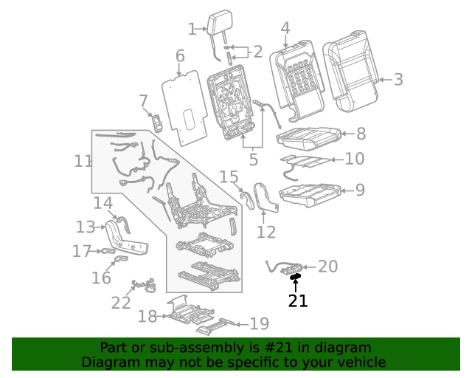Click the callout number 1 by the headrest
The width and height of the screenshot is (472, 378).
tap(192, 30)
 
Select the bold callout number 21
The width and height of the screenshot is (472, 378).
tap(298, 300)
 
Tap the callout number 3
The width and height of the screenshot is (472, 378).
tap(398, 80)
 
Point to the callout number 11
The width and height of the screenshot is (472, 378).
tap(83, 161)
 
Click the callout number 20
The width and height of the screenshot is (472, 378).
tap(327, 267)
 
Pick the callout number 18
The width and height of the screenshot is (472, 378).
tap(147, 317)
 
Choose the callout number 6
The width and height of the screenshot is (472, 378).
tap(180, 56)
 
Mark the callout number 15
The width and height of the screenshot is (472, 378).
tap(229, 177)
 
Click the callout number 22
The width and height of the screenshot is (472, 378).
tap(120, 303)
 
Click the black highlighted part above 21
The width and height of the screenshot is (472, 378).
tap(296, 278)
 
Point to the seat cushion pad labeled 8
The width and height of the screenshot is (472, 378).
tap(308, 136)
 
